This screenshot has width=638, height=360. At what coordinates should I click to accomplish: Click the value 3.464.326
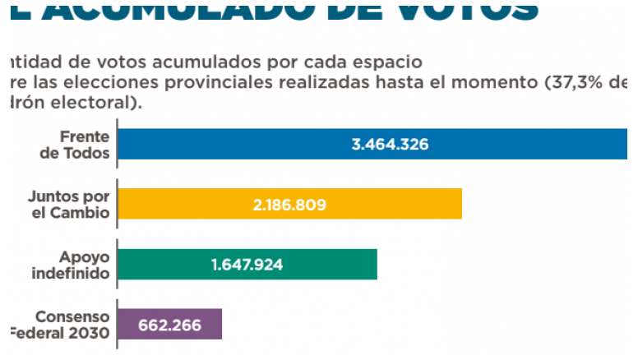pyautogui.click(x=390, y=144)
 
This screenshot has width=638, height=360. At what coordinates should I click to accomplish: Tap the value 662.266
pyautogui.click(x=170, y=324)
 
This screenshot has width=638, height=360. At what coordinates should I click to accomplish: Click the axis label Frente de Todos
pyautogui.click(x=79, y=144)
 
